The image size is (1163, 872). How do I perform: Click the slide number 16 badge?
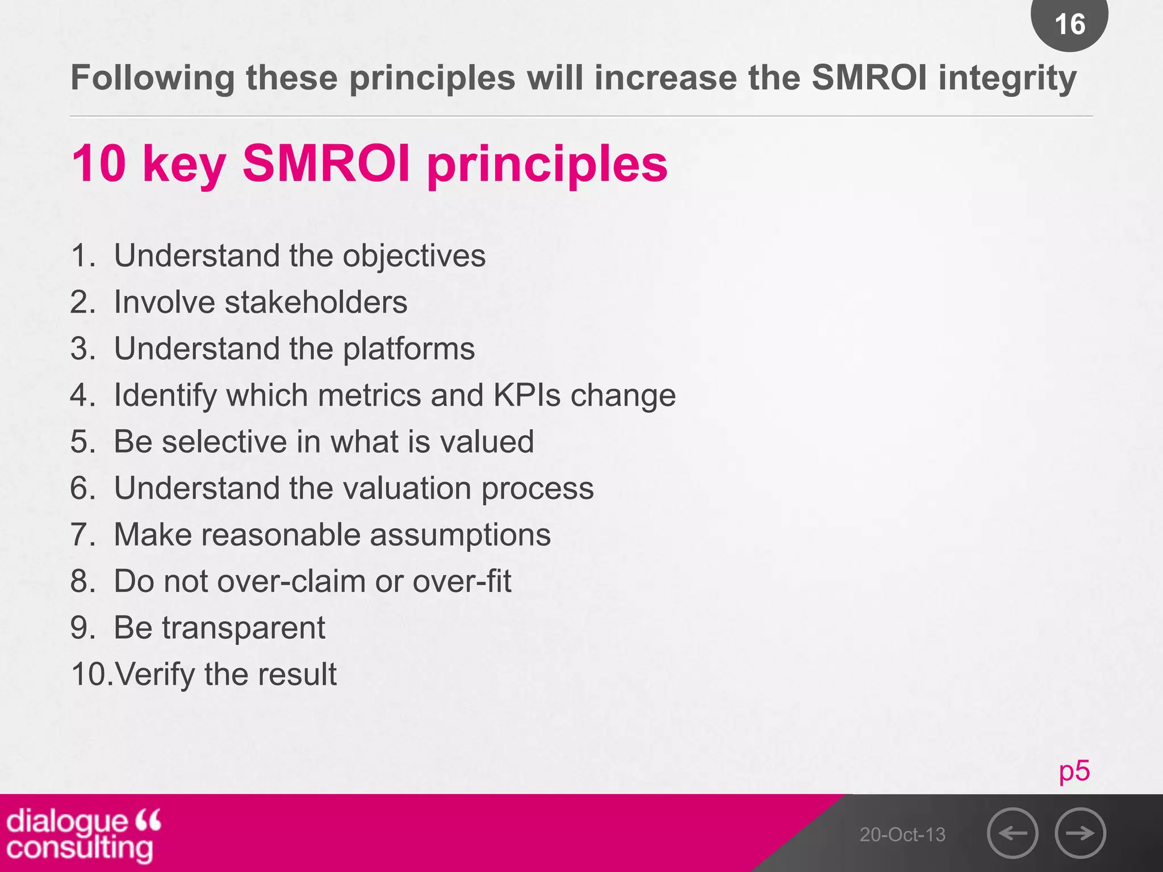(1069, 24)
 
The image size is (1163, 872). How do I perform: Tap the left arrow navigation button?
(1013, 833)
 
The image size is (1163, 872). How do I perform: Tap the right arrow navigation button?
(1080, 833)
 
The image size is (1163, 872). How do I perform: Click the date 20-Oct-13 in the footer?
(902, 835)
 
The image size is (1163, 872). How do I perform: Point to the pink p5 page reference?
(1074, 771)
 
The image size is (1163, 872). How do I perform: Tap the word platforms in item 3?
(409, 349)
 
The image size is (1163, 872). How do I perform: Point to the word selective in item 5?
(224, 442)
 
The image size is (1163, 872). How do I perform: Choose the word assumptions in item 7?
(460, 535)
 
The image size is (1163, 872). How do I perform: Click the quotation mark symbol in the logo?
(149, 820)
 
